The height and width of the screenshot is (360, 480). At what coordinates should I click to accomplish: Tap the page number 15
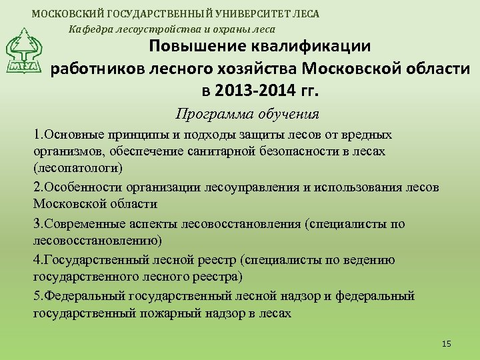(x=446, y=343)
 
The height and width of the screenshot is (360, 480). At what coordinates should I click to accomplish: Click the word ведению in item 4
(x=369, y=260)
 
